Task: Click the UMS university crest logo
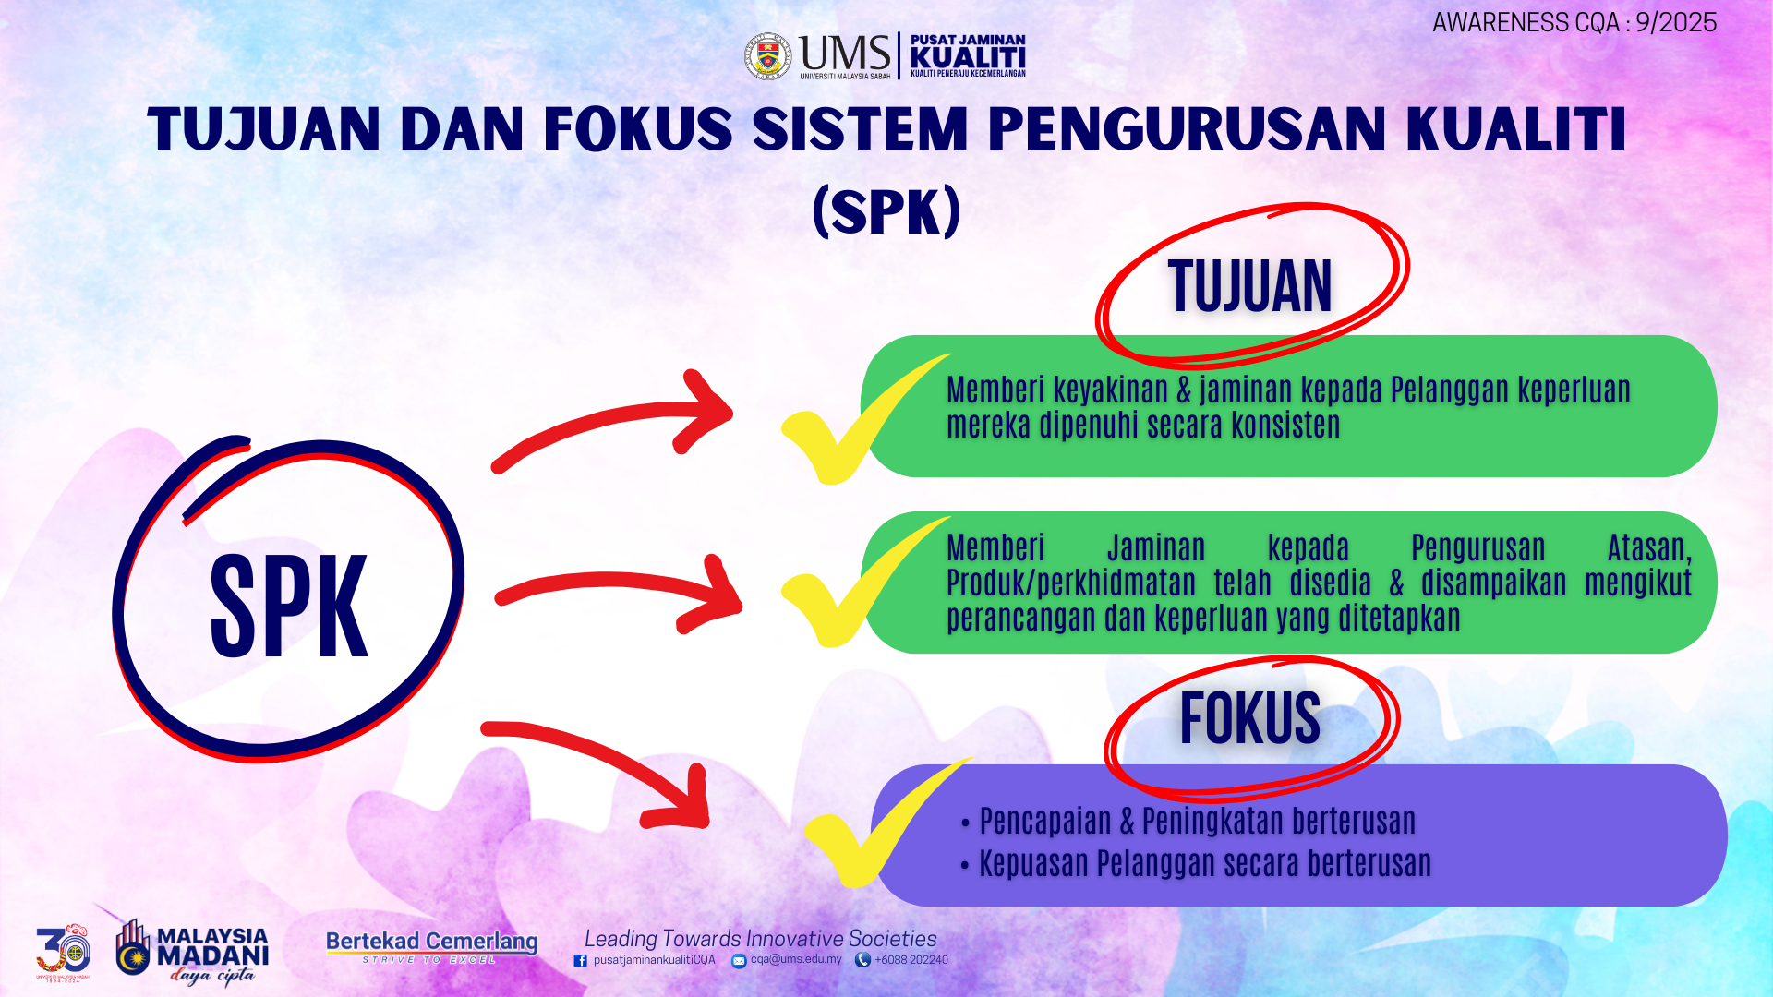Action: pos(768,57)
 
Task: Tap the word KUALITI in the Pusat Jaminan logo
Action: pos(968,57)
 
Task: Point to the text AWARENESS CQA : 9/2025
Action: pos(1574,22)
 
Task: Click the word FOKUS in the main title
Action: pos(638,128)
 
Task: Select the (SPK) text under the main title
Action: pos(886,211)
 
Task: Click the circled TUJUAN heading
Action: pos(1250,286)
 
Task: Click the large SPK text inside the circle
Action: pos(289,607)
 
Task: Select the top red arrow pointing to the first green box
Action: pos(613,419)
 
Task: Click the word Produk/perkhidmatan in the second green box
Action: pos(1071,583)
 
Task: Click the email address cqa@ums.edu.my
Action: pos(796,959)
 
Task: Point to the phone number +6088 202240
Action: pos(911,960)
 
